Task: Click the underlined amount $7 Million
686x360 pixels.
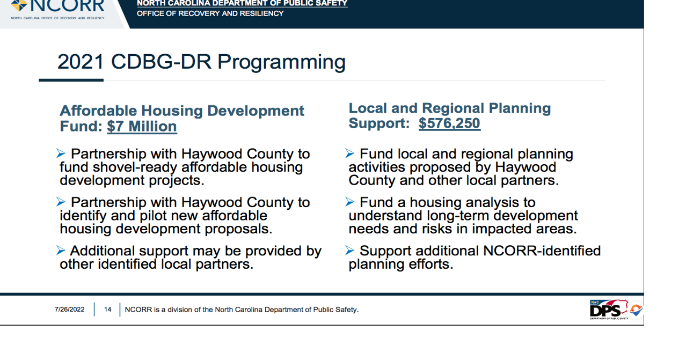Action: point(142,127)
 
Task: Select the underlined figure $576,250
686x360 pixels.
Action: point(449,123)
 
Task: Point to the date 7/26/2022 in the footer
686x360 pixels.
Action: point(69,310)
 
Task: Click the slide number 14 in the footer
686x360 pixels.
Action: point(108,310)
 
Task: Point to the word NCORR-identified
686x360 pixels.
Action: point(542,251)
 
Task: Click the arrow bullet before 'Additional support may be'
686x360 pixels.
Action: point(61,251)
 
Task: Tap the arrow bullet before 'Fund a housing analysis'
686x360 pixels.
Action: point(350,202)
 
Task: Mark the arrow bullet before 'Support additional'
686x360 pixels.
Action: point(350,251)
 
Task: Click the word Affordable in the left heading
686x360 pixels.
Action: point(98,111)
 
